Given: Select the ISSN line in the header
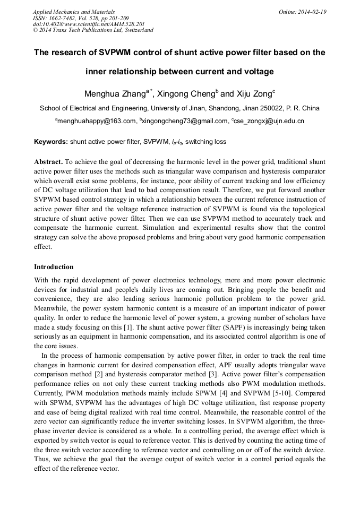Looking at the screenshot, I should pyautogui.click(x=80, y=18).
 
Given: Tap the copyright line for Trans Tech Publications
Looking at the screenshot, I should pyautogui.click(x=93, y=30).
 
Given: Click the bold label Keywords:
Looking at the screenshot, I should pyautogui.click(x=51, y=142).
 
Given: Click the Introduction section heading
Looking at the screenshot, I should pyautogui.click(x=54, y=266).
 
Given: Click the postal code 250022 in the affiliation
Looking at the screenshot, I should pyautogui.click(x=273, y=108).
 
